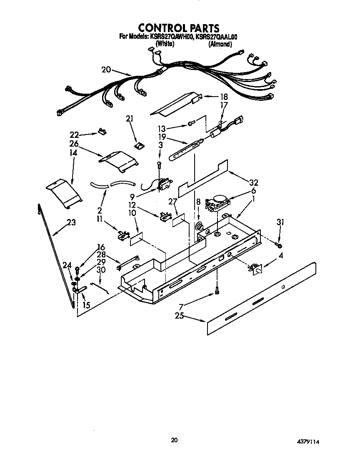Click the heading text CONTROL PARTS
[x=179, y=28]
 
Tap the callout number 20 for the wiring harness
[x=106, y=70]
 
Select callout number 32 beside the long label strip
[x=253, y=182]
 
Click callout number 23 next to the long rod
[x=71, y=222]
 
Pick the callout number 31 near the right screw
[x=280, y=223]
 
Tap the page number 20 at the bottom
[x=175, y=439]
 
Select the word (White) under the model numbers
[x=164, y=44]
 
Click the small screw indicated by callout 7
[x=217, y=292]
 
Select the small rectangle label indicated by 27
[x=178, y=220]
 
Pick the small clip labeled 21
[x=139, y=146]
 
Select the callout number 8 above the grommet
[x=198, y=202]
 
